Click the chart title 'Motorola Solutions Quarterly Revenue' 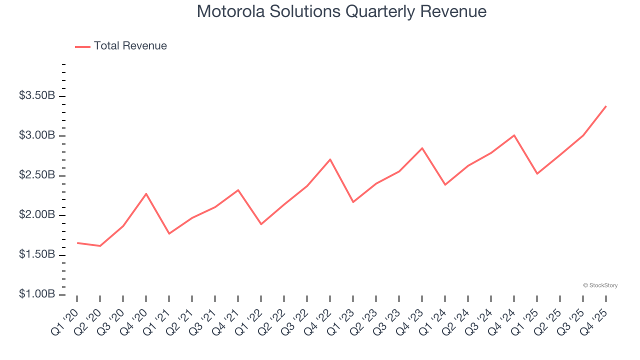tap(341, 11)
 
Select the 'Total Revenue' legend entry tap(130, 46)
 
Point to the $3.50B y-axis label tap(37, 96)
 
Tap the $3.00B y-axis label tap(37, 135)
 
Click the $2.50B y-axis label tap(37, 175)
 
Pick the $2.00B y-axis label tap(37, 215)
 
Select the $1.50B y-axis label tap(37, 255)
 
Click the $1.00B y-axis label tap(37, 294)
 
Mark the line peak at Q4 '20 tap(146, 193)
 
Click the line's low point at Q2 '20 tap(100, 246)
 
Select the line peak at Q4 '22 tap(330, 159)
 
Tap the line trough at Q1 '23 tap(353, 202)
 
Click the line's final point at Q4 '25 tap(606, 106)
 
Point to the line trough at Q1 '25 tap(537, 173)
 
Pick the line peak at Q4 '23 tap(422, 148)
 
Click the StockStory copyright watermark tap(600, 285)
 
